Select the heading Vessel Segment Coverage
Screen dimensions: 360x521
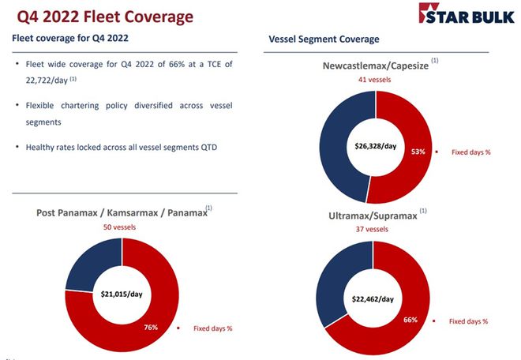(x=324, y=39)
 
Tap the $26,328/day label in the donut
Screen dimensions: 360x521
(x=376, y=146)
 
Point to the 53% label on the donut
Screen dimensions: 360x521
(x=418, y=152)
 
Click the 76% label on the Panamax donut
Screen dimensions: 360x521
(x=151, y=327)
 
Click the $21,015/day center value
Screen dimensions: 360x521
(x=121, y=294)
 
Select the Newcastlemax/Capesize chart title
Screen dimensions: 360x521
(x=375, y=66)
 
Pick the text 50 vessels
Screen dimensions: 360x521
(x=121, y=227)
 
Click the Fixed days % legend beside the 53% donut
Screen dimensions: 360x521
(x=470, y=152)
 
